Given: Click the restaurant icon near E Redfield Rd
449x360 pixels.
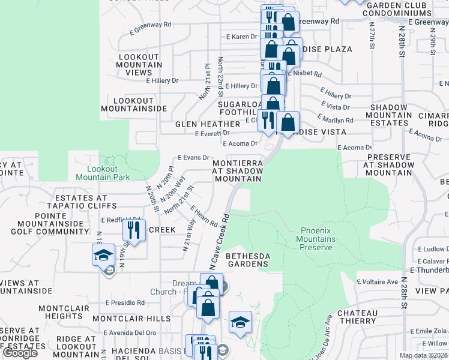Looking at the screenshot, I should pyautogui.click(x=134, y=230).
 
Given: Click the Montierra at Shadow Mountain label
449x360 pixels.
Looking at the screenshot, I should pyautogui.click(x=238, y=170).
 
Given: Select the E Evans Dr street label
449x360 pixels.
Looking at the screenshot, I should pyautogui.click(x=193, y=157).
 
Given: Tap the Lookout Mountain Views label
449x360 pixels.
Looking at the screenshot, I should pyautogui.click(x=139, y=65).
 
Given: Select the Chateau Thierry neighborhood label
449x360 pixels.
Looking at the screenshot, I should pyautogui.click(x=357, y=317).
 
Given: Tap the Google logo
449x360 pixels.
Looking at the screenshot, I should pyautogui.click(x=20, y=353).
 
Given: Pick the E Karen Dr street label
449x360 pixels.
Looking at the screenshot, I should pyautogui.click(x=242, y=37).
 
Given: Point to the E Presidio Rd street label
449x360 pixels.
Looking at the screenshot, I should pyautogui.click(x=124, y=303).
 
